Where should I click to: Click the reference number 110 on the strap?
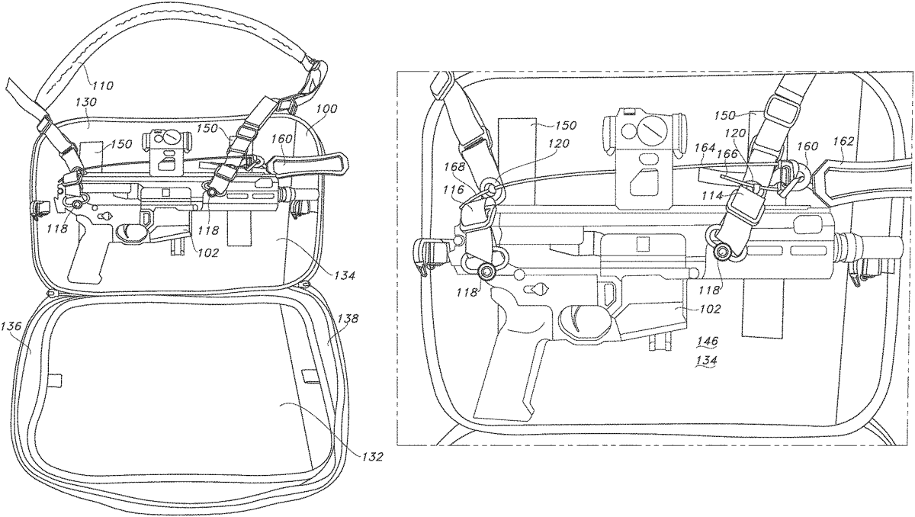tap(102, 86)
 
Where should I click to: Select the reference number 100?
tap(307, 110)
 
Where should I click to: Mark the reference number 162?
tap(844, 141)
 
